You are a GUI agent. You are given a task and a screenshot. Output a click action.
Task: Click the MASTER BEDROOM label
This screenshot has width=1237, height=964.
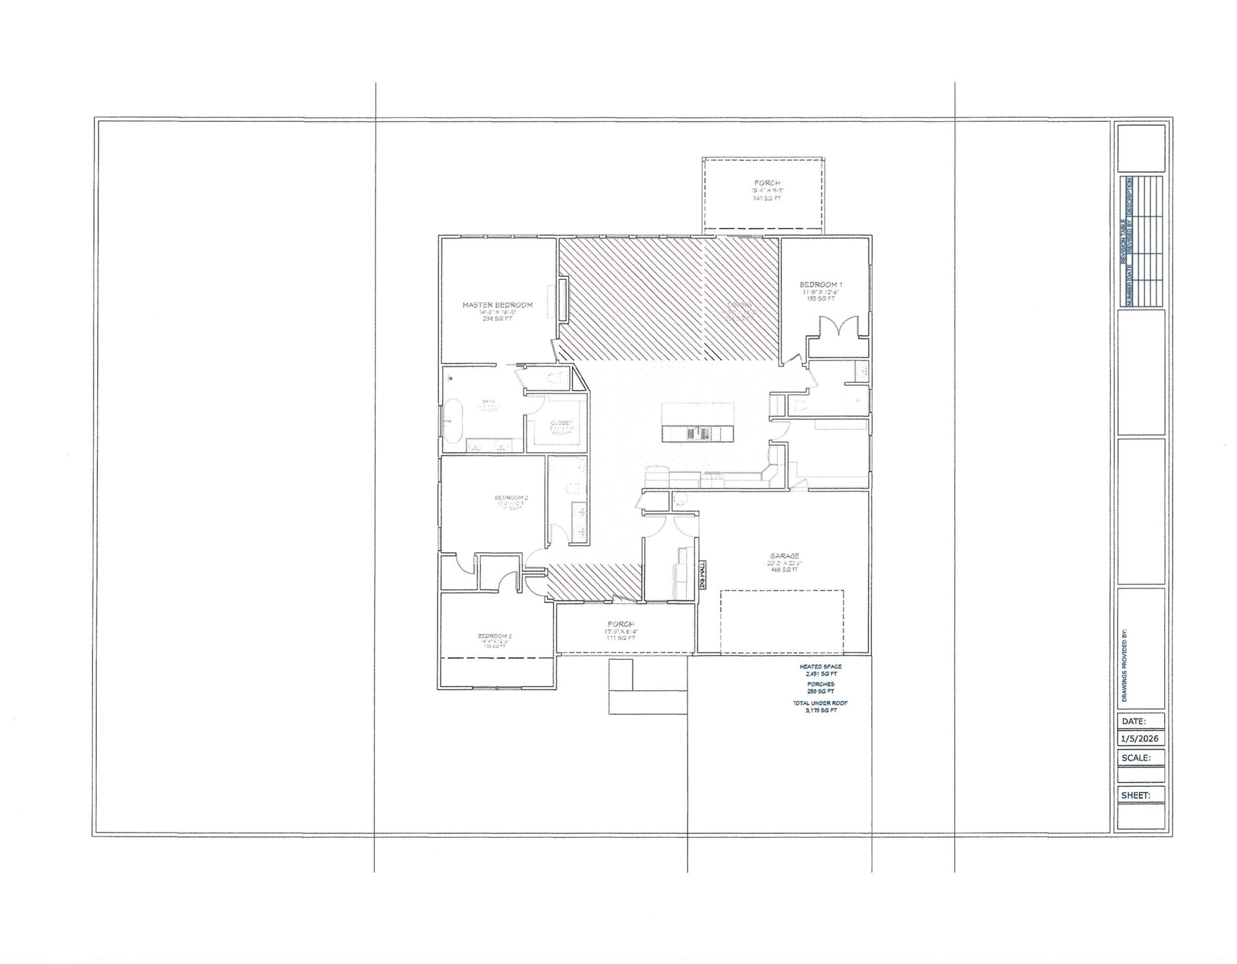coord(497,305)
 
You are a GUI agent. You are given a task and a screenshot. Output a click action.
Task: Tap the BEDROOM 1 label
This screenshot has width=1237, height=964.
coord(821,284)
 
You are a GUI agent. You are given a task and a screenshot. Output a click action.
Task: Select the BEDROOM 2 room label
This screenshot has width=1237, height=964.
coord(512,497)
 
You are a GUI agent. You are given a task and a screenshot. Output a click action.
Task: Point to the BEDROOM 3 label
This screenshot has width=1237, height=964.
coord(495,636)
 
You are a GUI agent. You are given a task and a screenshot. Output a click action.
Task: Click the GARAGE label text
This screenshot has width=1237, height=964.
coord(784,555)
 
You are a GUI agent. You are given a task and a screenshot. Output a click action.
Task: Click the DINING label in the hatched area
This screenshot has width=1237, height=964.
coord(739,305)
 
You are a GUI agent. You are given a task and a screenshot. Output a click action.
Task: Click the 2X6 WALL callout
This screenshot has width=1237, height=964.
coord(702,575)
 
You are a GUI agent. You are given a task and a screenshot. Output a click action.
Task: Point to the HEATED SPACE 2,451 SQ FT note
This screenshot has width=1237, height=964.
coord(820,671)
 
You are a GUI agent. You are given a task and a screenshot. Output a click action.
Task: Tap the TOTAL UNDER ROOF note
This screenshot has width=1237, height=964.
coord(820,707)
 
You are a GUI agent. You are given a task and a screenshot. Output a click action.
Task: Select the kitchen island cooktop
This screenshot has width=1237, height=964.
coord(698,434)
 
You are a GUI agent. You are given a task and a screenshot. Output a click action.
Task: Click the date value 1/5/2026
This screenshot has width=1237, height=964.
coord(1140,738)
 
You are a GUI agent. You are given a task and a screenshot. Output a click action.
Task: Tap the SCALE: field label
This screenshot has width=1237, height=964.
coord(1136,758)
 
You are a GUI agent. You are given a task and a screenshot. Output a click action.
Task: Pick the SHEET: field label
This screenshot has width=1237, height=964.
coord(1135,795)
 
